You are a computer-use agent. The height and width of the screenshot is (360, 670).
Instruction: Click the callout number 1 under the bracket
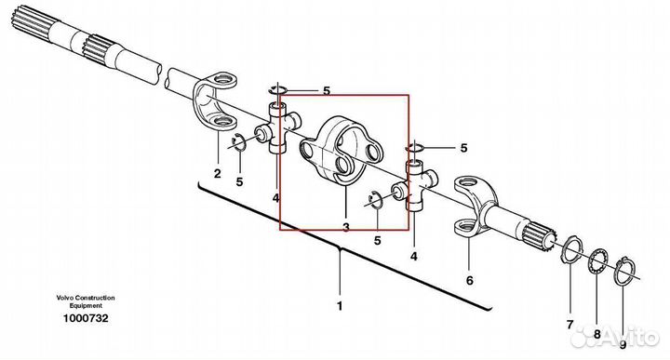pyautogui.click(x=340, y=306)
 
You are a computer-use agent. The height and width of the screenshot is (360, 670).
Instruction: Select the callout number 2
pyautogui.click(x=218, y=174)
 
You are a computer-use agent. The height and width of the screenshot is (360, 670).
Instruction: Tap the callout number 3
pyautogui.click(x=345, y=227)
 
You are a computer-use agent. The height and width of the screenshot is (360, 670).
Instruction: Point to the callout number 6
pyautogui.click(x=470, y=281)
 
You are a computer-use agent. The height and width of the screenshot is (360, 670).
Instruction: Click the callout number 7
pyautogui.click(x=569, y=325)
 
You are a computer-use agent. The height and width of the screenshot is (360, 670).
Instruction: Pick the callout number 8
pyautogui.click(x=596, y=334)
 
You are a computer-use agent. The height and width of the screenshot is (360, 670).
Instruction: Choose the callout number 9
pyautogui.click(x=623, y=344)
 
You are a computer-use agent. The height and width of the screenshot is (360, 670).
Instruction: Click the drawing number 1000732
pyautogui.click(x=86, y=318)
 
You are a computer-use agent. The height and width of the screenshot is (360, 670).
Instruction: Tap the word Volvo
pyautogui.click(x=64, y=298)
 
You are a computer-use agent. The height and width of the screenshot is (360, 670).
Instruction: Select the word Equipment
pyautogui.click(x=86, y=306)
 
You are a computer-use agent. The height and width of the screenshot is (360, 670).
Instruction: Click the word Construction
pyautogui.click(x=95, y=298)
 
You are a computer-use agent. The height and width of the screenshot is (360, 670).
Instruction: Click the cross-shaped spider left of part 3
pyautogui.click(x=277, y=128)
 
